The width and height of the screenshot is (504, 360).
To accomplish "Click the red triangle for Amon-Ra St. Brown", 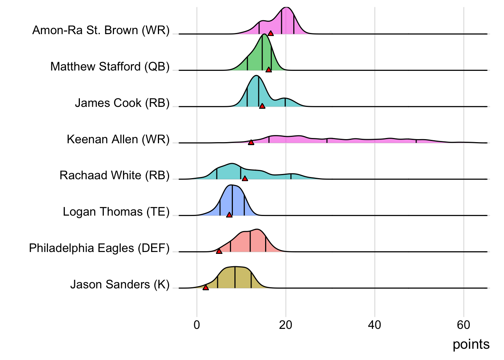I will click(x=271, y=33).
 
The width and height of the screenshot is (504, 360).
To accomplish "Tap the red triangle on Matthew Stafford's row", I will click(x=268, y=70).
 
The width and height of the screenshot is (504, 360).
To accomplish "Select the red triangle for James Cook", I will click(x=262, y=106).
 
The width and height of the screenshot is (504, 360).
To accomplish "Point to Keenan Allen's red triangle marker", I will click(x=251, y=142).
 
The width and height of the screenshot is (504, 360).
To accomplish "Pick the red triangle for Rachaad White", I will click(x=245, y=178).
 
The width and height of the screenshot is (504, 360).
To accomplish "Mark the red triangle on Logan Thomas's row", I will click(x=229, y=215).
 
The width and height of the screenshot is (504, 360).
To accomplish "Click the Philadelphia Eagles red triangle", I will click(x=219, y=251).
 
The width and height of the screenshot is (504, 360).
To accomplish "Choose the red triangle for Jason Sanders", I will click(x=205, y=287).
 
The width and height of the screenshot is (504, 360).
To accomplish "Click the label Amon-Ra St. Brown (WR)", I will click(x=101, y=30).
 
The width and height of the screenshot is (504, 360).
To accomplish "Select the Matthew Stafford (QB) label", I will click(x=110, y=66).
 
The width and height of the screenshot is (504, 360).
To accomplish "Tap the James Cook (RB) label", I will click(x=122, y=103).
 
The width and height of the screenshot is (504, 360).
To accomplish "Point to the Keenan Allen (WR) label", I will click(x=118, y=139).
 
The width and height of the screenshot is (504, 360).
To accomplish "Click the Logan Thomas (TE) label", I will click(x=116, y=212).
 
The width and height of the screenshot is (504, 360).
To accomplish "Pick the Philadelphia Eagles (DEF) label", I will click(x=99, y=248).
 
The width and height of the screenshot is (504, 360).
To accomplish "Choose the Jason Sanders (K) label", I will click(x=120, y=285).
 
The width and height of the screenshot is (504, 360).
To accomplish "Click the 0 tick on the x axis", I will click(x=197, y=325).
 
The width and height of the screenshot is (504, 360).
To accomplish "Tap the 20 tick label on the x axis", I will click(x=286, y=325).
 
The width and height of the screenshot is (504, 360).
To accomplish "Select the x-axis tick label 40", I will click(x=375, y=325).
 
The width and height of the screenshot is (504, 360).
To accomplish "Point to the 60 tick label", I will click(x=463, y=325).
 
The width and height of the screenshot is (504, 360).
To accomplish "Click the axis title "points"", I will click(x=471, y=344).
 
